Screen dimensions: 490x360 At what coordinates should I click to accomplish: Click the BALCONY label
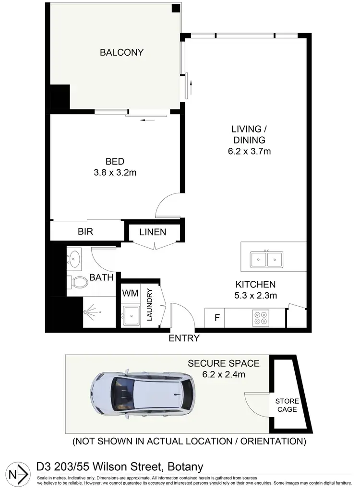point(121,52)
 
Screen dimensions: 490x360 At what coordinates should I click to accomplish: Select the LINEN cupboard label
point(153,232)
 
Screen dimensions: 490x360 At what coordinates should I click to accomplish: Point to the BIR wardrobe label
point(85,231)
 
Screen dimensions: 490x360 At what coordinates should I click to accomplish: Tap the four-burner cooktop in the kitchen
point(262,317)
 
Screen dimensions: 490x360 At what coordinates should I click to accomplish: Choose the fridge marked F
point(216,318)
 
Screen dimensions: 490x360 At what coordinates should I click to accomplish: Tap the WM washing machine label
point(130,293)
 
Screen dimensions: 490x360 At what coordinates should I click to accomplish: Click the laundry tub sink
point(131,315)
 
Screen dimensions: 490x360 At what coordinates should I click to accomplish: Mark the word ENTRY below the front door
point(184,338)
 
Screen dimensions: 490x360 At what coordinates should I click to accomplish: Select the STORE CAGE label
point(287,405)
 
